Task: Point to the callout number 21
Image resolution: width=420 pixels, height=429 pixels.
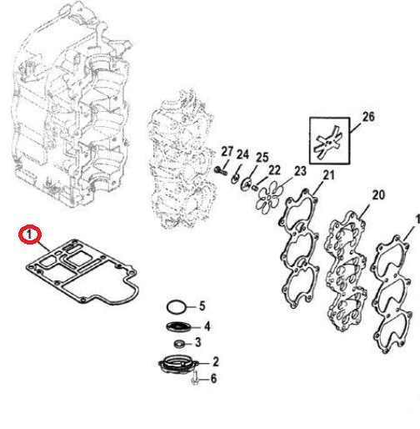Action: point(327,174)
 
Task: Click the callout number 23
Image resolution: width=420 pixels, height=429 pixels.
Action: point(300,170)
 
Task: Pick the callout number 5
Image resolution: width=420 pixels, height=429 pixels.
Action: point(200,305)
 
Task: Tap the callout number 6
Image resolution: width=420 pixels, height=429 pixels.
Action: point(212,379)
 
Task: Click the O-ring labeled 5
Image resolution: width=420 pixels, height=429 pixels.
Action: point(177,305)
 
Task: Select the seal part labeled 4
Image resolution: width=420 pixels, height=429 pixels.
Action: point(179,326)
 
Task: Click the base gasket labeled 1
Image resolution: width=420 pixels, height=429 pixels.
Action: point(79,268)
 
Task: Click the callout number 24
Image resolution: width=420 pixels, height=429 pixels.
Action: point(242,154)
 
